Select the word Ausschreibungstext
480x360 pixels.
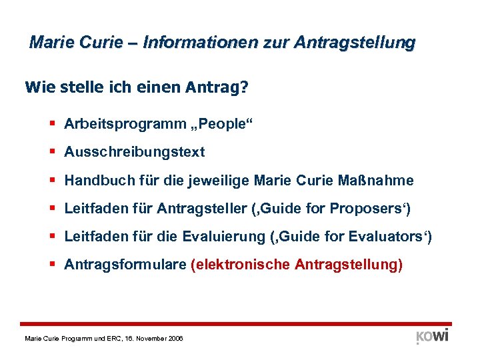pos(135,152)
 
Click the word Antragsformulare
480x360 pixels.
pos(125,265)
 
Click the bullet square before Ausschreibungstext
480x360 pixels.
pos(52,152)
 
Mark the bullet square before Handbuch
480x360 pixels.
pos(52,181)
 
